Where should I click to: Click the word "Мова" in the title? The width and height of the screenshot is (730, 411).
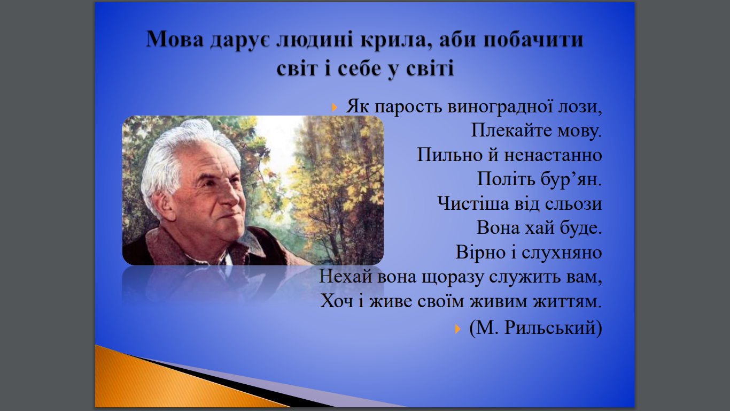(175, 39)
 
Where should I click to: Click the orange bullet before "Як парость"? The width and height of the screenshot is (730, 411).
(333, 107)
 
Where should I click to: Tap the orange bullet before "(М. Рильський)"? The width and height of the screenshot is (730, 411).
(457, 329)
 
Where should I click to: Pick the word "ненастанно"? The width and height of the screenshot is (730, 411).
(553, 155)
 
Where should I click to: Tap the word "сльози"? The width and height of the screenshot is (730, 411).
(573, 204)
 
